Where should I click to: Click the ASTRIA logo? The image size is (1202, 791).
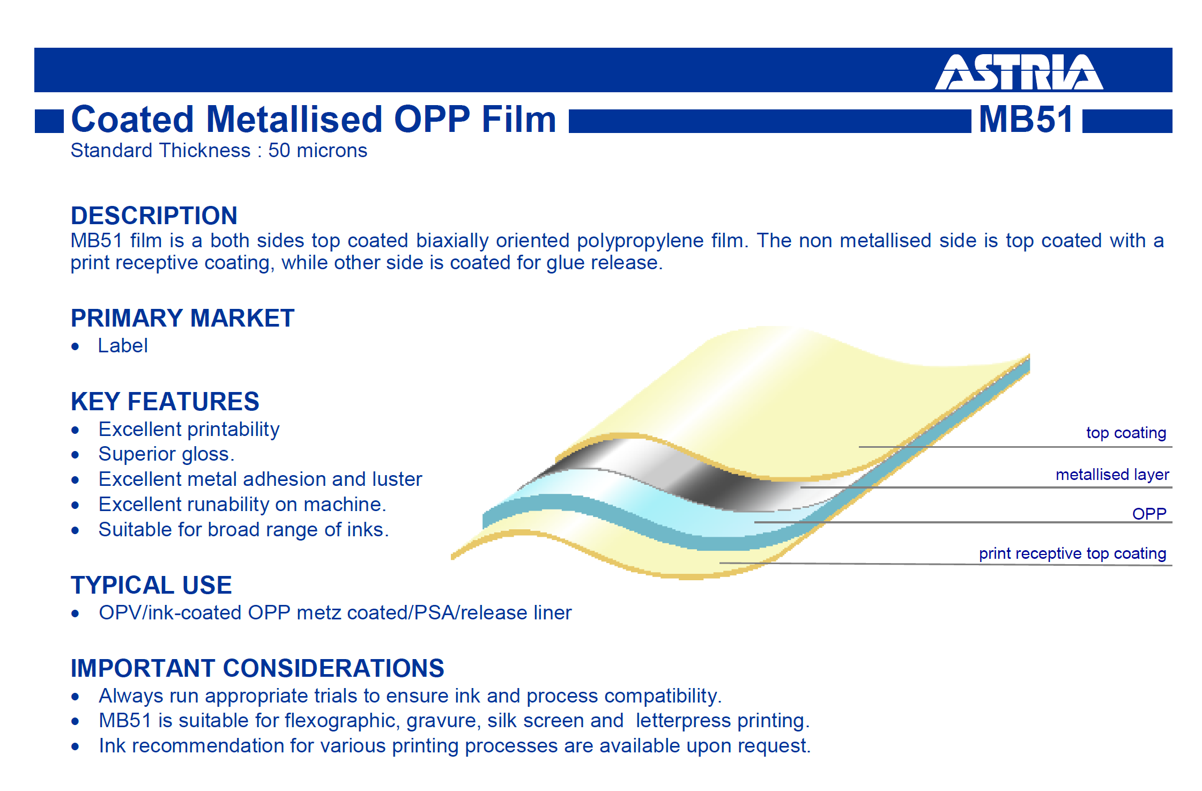1019,71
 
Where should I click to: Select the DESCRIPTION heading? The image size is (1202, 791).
154,216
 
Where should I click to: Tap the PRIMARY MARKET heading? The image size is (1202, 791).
183,318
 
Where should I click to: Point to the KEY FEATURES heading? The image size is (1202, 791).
165,402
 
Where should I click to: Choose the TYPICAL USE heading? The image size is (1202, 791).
152,585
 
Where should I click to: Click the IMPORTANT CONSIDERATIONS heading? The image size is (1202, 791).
258,668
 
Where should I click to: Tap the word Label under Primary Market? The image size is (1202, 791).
123,346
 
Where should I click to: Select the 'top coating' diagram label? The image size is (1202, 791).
1126,433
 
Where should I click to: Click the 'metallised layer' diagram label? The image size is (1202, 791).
1112,475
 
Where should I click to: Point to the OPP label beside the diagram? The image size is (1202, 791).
1149,514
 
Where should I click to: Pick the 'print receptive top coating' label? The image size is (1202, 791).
1073,553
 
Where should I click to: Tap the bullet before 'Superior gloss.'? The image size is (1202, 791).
76,455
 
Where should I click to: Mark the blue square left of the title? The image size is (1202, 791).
49,121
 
